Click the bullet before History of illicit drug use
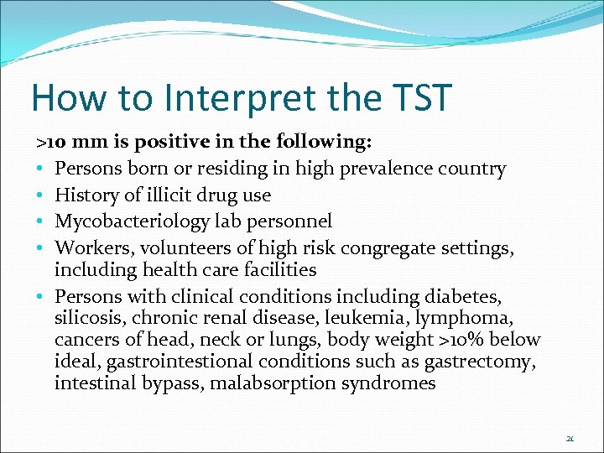(x=40, y=195)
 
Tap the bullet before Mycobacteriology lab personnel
(x=40, y=221)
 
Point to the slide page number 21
(x=570, y=438)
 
